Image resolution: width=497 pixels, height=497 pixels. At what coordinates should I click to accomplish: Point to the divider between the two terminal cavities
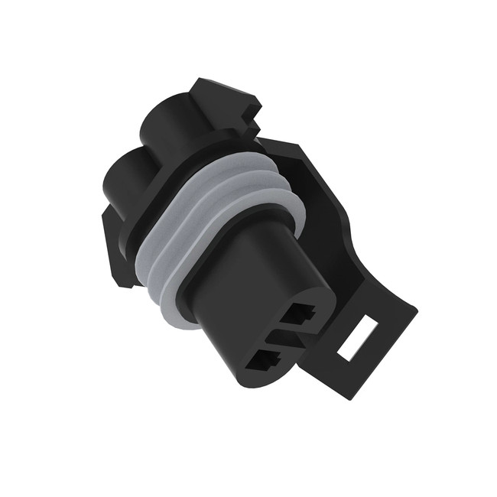pyautogui.click(x=284, y=336)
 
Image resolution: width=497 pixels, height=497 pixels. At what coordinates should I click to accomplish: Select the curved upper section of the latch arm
pyautogui.click(x=306, y=153)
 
